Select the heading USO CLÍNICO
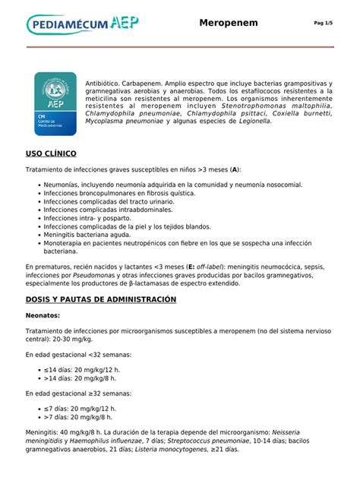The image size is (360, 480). tap(51, 153)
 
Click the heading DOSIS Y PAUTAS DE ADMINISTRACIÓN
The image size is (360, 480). tap(100, 299)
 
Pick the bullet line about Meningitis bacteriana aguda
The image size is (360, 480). tap(94, 235)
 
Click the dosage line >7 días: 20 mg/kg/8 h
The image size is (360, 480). tap(79, 416)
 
